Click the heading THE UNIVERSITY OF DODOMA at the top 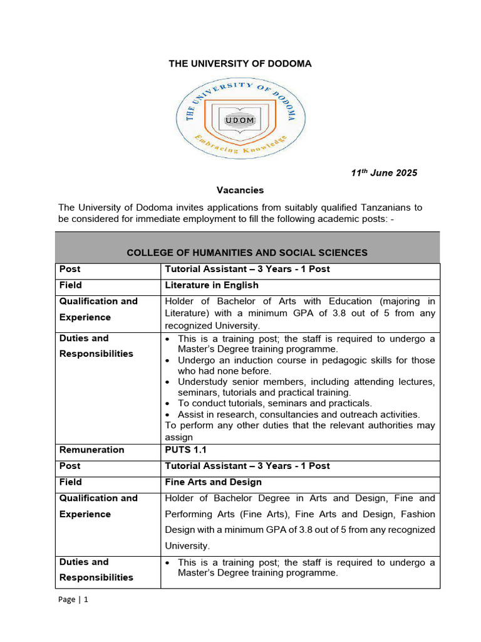(240, 63)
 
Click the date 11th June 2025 (383, 173)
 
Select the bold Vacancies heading (240, 190)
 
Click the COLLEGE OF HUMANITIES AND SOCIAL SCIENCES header (247, 253)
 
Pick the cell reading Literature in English (211, 285)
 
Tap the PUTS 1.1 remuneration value (185, 450)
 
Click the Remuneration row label (91, 450)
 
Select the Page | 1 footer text (73, 599)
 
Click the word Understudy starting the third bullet (204, 382)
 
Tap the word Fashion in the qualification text (417, 514)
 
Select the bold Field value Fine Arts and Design (213, 482)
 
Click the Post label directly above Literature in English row (70, 269)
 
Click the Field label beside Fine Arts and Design (70, 482)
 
